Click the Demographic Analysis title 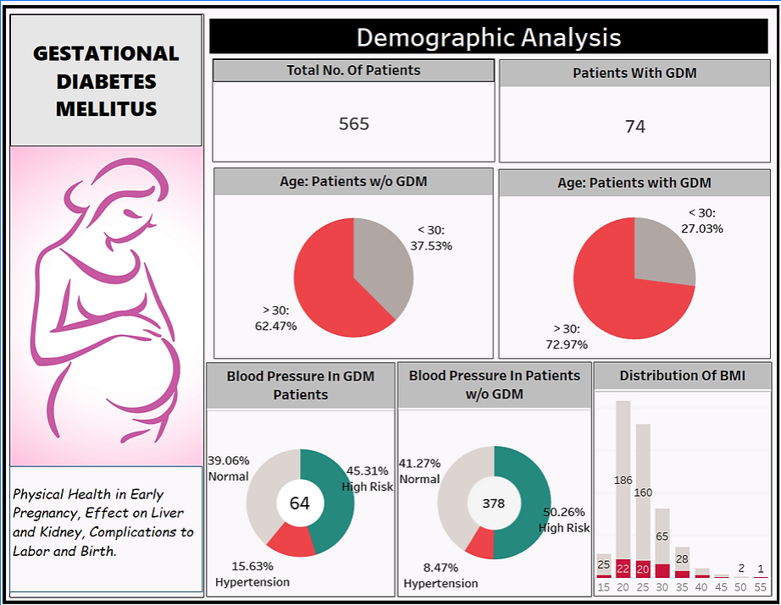pos(488,38)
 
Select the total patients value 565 pos(353,124)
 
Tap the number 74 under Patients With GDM pos(634,127)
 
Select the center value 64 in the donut pos(300,503)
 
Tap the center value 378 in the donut pos(493,503)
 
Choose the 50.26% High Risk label pos(564,520)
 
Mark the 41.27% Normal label pos(419,470)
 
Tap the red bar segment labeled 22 pos(623,569)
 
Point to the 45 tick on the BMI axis pos(722,587)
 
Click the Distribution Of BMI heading pos(682,376)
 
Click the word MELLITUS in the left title pos(106,109)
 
